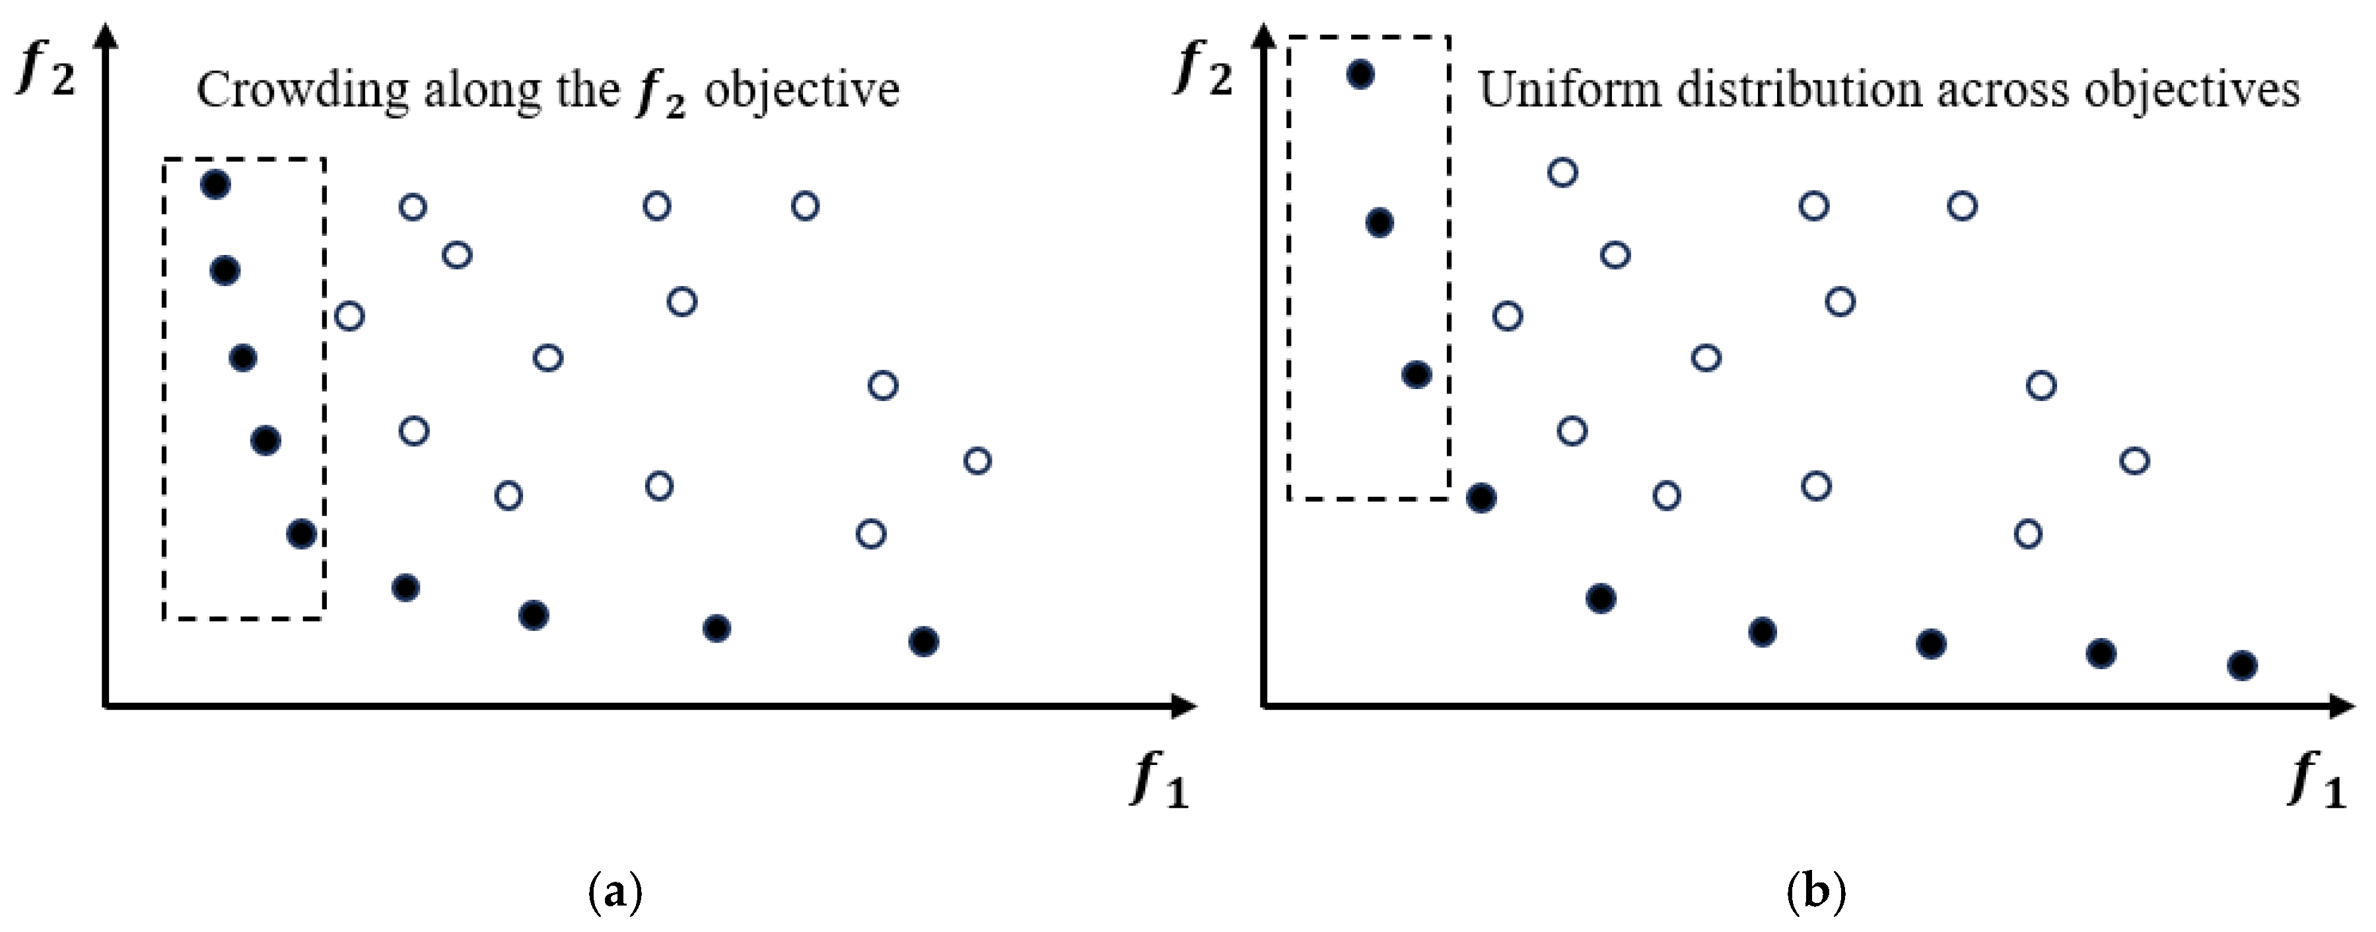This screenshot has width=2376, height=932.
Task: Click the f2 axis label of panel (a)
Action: pos(46,68)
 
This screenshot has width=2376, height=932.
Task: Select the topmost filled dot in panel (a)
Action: pos(215,184)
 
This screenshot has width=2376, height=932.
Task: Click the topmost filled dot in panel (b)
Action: pos(1360,74)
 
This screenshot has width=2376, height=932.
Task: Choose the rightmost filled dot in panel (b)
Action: pos(2242,665)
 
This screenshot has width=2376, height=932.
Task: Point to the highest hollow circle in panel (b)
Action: pos(1562,172)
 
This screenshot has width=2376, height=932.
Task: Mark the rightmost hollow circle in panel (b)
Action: pos(2135,460)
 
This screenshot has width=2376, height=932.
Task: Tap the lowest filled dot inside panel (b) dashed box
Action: pos(1416,375)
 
